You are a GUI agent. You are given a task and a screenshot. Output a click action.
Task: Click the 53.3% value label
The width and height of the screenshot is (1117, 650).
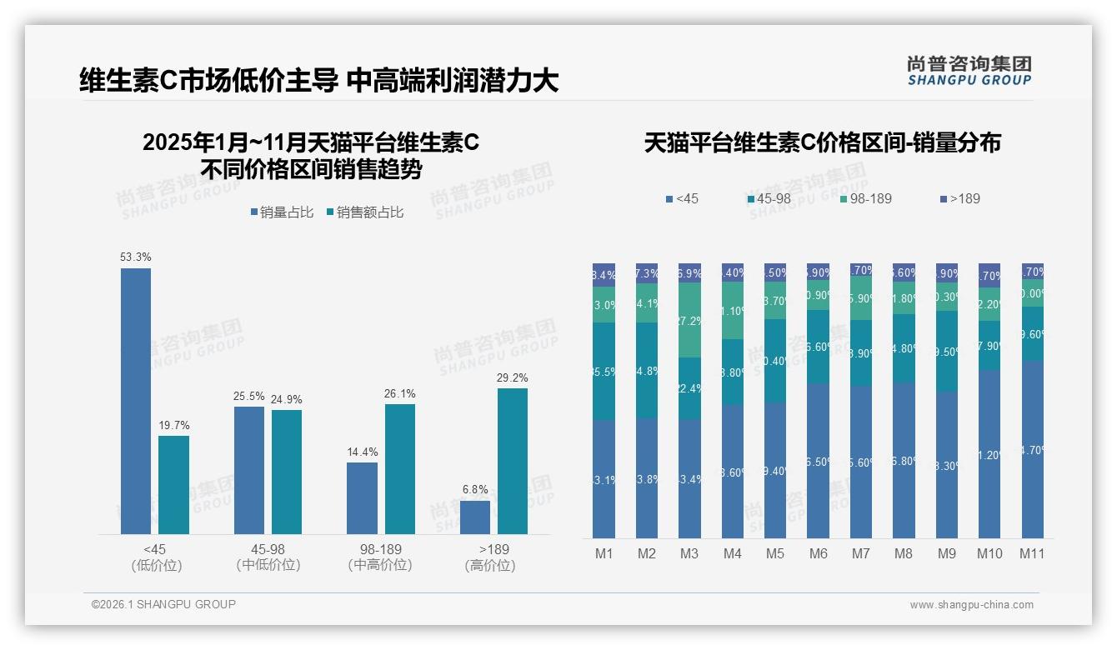coord(136,257)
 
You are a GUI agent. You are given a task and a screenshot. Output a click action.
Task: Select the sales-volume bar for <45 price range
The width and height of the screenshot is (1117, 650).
coord(136,401)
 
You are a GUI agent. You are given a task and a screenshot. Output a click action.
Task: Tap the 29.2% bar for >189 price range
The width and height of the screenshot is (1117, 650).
coord(513,461)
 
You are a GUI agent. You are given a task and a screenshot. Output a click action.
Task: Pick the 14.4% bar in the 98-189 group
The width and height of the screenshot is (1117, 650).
coord(362,498)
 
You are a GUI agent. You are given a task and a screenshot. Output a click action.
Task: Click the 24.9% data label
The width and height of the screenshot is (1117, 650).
coord(287,397)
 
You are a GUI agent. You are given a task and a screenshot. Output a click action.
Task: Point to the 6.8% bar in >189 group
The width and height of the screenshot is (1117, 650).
coord(475,517)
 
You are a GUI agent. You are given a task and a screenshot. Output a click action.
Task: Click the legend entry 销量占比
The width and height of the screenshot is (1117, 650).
coord(282,212)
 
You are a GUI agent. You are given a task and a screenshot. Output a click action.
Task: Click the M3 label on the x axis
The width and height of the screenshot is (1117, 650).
coord(689,553)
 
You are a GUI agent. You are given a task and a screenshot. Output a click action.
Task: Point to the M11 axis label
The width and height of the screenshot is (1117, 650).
coord(1032,553)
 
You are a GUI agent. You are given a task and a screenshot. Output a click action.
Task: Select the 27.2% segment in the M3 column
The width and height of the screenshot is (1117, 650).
coord(689,320)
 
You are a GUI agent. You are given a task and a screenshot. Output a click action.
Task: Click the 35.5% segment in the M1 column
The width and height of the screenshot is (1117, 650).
coord(604,372)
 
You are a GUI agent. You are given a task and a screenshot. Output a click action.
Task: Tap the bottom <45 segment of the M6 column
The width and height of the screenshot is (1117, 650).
coord(818,461)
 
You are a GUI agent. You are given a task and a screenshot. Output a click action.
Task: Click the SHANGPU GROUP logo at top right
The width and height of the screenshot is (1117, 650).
coord(969,71)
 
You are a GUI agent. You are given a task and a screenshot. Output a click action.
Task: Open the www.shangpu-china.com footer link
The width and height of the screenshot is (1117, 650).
coord(971,605)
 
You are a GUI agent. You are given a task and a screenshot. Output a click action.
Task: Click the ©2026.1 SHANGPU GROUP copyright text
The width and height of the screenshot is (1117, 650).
coord(163,604)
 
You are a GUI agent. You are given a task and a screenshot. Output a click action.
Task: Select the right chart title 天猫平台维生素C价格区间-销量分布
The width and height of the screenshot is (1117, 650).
coord(822,143)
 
